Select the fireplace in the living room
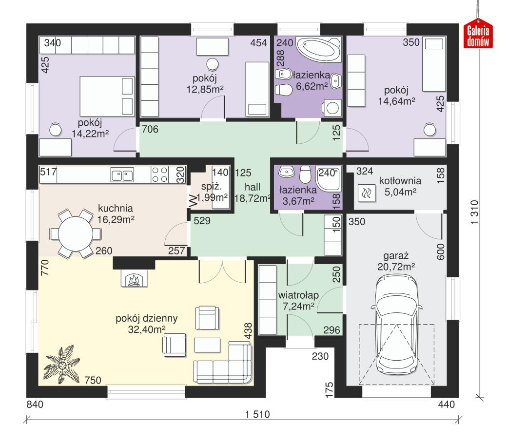(134, 280)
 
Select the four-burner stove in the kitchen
(160, 174)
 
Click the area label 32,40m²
(146, 329)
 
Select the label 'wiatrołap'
(298, 295)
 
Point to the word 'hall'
(253, 187)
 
